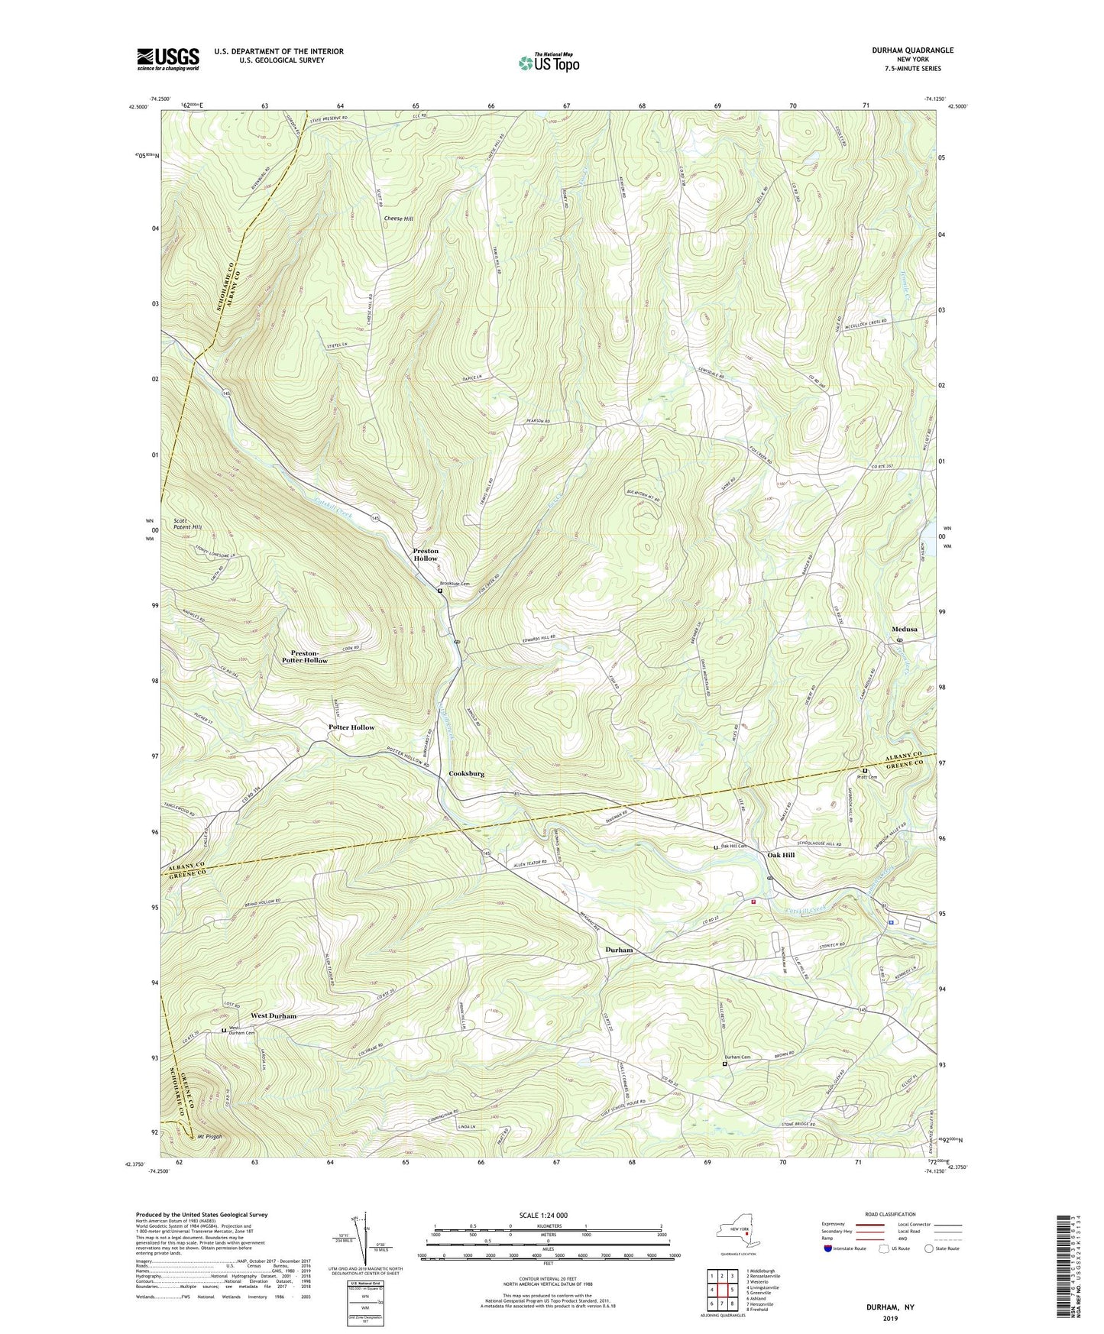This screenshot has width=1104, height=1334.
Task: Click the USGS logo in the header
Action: point(168,59)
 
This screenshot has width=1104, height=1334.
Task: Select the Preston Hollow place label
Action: point(426,554)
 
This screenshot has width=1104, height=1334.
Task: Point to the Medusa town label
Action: point(904,630)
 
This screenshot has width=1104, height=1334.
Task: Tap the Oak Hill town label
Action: point(781,855)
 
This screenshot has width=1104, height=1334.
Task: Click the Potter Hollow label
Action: point(351,727)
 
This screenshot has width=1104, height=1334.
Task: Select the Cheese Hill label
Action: point(398,219)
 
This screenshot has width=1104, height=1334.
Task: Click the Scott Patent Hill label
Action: point(187,523)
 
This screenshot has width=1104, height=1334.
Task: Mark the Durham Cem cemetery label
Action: point(737,1057)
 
